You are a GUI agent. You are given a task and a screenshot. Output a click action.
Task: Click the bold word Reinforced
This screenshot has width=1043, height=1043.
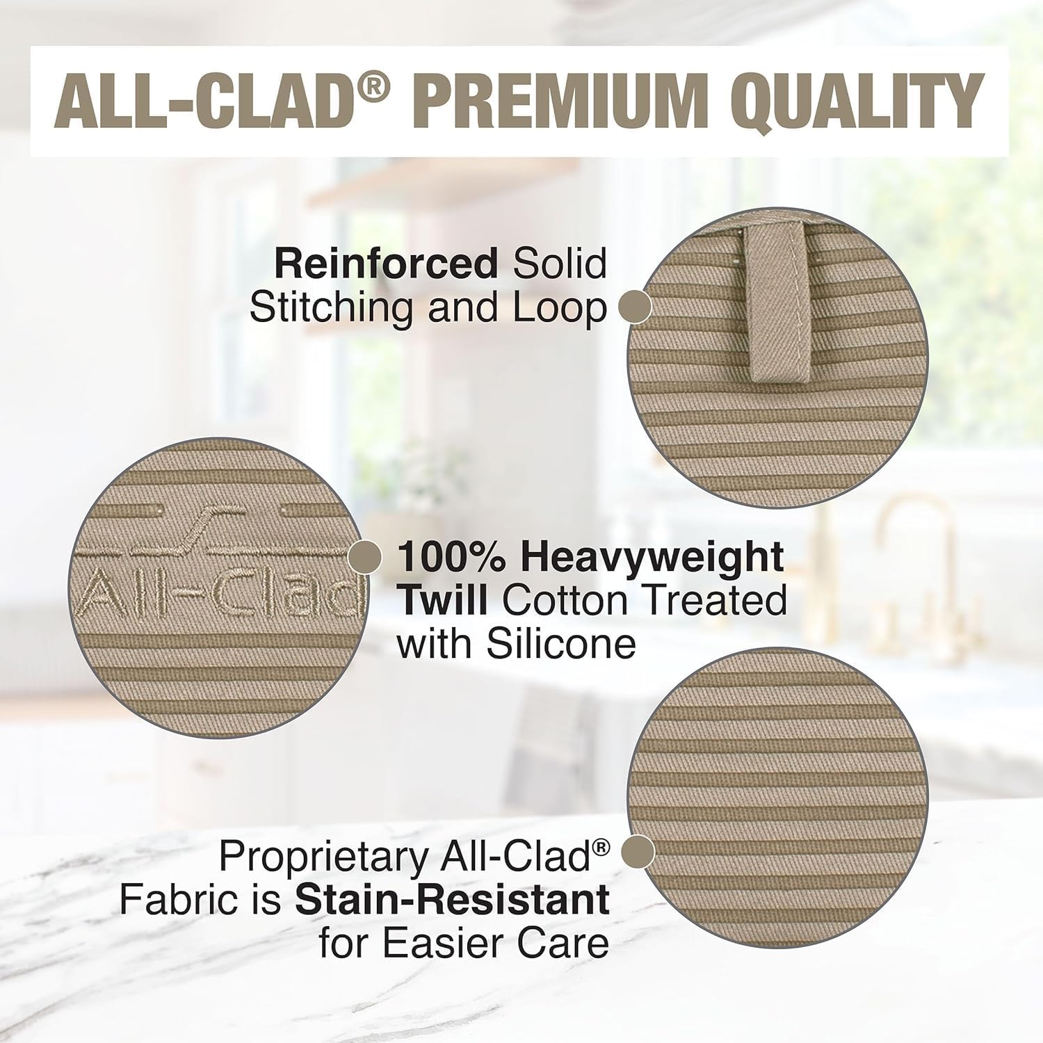point(386,264)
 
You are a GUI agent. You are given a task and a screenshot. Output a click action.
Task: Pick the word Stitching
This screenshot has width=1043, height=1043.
point(334,308)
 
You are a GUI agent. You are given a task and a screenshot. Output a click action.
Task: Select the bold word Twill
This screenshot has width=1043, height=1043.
point(442,601)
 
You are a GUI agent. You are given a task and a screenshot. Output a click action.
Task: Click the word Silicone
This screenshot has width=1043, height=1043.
point(560,644)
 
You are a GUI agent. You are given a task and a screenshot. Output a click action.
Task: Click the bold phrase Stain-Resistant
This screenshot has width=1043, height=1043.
point(452,900)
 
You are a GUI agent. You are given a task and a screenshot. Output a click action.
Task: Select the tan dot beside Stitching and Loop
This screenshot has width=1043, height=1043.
point(635,307)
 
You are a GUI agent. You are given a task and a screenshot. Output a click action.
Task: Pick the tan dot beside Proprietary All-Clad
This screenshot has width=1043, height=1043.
point(638,852)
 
